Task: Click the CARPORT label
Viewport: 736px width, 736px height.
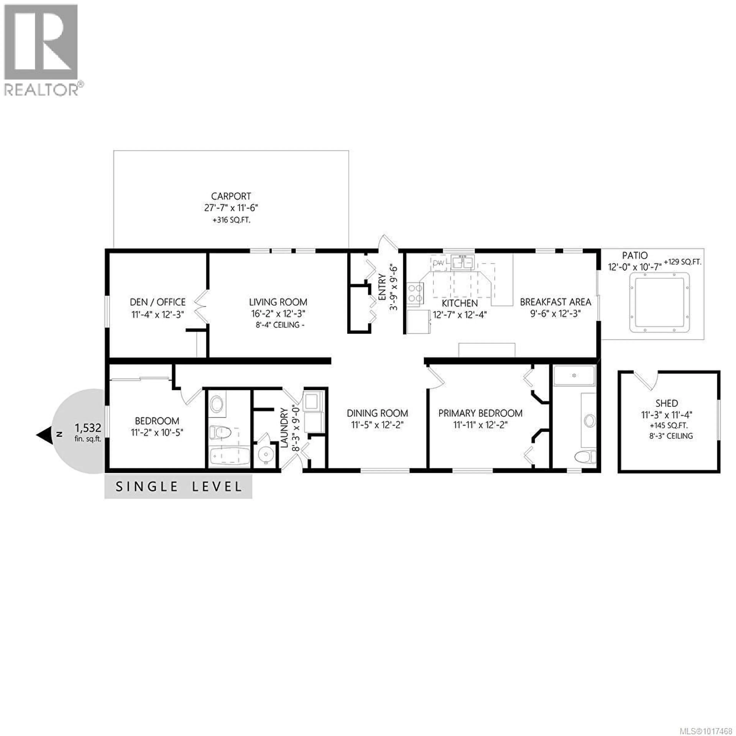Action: (x=231, y=196)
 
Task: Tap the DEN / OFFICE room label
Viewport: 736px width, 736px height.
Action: (x=158, y=302)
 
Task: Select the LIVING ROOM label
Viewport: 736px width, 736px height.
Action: (x=278, y=302)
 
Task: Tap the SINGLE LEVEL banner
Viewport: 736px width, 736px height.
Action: (x=178, y=486)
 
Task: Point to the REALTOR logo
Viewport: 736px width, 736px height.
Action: (x=42, y=49)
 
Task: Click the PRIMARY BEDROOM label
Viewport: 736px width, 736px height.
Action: (x=480, y=413)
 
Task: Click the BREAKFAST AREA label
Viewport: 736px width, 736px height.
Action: (x=555, y=302)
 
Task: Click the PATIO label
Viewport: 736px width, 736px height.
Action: (x=635, y=255)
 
